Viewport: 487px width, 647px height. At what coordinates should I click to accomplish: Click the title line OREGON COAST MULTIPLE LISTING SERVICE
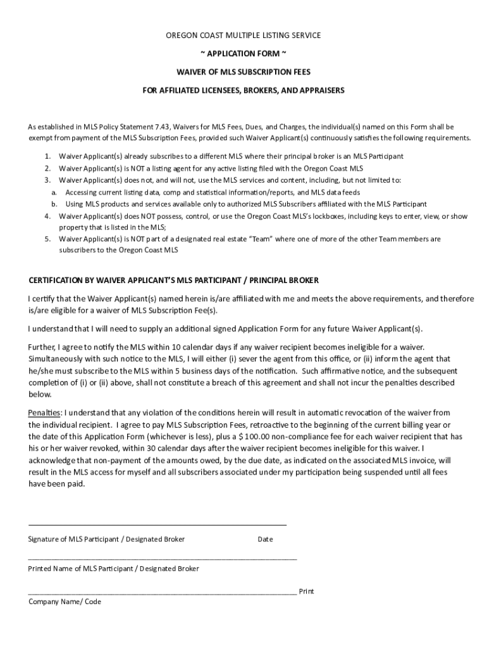click(244, 35)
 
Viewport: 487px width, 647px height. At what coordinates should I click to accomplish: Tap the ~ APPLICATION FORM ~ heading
click(244, 53)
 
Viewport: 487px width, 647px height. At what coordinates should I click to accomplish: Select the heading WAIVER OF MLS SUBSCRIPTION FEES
click(244, 71)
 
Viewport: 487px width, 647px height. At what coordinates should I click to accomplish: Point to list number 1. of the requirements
click(47, 156)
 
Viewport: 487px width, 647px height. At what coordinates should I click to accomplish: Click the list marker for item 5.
click(47, 239)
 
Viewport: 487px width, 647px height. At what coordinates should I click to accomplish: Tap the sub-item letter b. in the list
click(54, 204)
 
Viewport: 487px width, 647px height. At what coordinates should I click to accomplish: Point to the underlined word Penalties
click(44, 413)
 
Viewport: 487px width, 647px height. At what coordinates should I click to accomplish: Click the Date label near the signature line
click(265, 539)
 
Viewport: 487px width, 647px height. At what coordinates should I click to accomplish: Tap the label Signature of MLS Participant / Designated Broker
click(107, 539)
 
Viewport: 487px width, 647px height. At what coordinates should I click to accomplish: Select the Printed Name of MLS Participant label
click(114, 569)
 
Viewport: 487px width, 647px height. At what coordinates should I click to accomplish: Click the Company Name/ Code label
click(65, 602)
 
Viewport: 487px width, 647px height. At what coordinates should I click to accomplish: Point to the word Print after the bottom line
click(306, 591)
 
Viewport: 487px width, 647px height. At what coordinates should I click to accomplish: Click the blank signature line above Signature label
click(157, 524)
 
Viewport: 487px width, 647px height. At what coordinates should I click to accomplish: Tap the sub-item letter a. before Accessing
click(54, 192)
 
